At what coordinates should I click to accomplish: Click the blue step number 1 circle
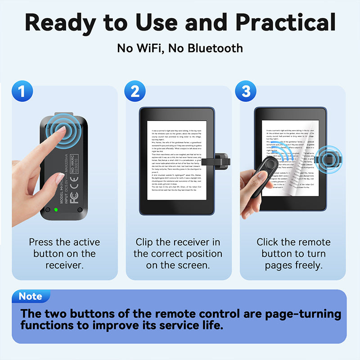coord(22,91)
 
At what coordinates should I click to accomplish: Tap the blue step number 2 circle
coord(135,91)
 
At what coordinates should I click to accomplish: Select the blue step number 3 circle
coord(246,91)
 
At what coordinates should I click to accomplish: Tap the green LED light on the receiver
coord(55,210)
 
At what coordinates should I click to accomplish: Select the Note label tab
coord(31,297)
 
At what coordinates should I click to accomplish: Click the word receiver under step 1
coord(64,265)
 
